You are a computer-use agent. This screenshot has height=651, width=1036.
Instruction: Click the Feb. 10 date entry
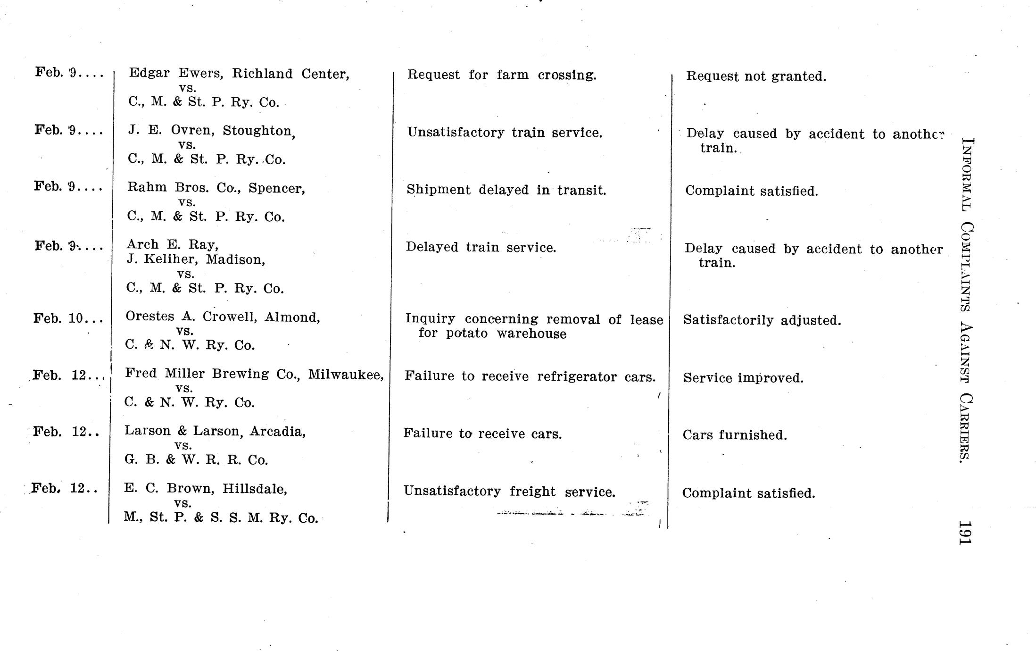coord(68,318)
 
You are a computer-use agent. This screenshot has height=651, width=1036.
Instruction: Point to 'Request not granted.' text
coord(756,76)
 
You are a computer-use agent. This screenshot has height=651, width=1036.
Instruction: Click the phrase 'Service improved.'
coord(743,378)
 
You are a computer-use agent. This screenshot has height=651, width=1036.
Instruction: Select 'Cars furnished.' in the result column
coord(735,435)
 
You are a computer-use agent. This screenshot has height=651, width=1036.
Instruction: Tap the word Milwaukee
coord(345,375)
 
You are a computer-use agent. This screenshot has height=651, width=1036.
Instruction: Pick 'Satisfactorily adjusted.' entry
coord(762,320)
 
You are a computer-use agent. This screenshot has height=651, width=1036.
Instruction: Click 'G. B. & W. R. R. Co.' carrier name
coord(196,460)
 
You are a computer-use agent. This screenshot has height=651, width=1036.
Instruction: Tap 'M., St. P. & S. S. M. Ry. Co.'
coord(221,518)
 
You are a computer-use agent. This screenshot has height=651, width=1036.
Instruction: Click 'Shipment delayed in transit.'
coord(506,190)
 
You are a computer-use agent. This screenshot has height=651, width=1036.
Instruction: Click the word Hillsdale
coord(255,489)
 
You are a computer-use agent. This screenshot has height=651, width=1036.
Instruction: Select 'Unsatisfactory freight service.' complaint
coord(509,492)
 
